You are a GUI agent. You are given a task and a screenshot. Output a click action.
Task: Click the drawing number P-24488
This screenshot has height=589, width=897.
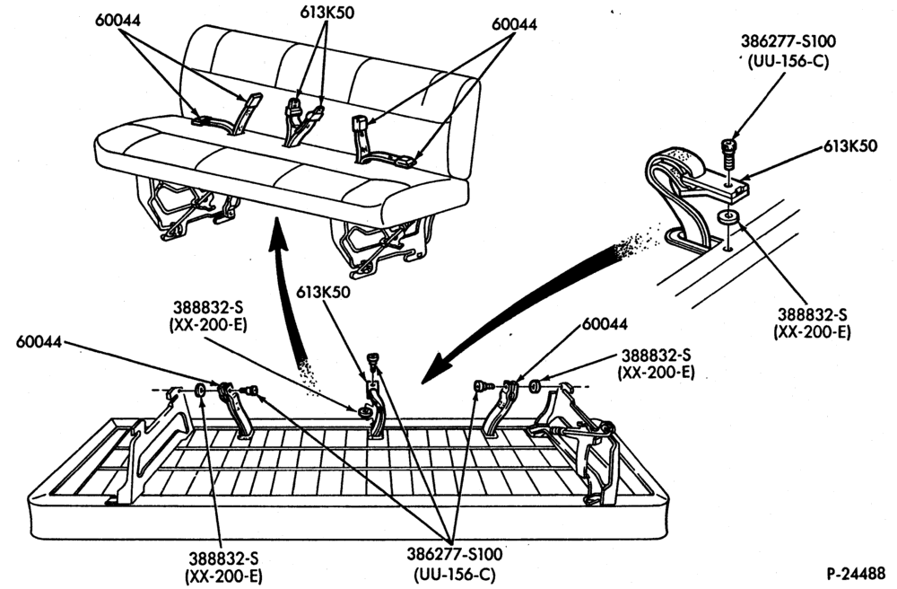856,573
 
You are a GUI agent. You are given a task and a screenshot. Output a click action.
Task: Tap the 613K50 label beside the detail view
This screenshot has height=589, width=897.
850,146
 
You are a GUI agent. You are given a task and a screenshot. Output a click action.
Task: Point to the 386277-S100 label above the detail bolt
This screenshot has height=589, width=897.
788,42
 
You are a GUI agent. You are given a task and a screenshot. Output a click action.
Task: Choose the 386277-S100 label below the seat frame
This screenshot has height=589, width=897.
455,554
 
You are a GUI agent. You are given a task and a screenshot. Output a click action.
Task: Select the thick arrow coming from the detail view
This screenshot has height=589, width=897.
532,309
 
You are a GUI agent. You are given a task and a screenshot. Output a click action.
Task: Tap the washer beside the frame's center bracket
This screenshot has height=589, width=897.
361,411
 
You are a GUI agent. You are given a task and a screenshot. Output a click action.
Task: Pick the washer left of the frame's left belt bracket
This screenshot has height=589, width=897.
201,391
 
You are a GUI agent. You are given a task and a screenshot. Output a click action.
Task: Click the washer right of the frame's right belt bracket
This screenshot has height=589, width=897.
536,385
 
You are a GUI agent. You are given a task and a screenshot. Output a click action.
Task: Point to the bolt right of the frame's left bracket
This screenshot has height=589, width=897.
249,391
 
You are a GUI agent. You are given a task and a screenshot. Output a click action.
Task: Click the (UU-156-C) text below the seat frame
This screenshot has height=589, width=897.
454,574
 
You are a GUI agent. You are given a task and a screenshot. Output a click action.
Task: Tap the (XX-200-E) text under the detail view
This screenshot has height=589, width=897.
812,332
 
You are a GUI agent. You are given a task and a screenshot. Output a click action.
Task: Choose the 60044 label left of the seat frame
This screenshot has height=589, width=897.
39,341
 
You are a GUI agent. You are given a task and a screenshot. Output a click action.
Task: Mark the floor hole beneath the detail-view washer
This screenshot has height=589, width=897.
727,249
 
